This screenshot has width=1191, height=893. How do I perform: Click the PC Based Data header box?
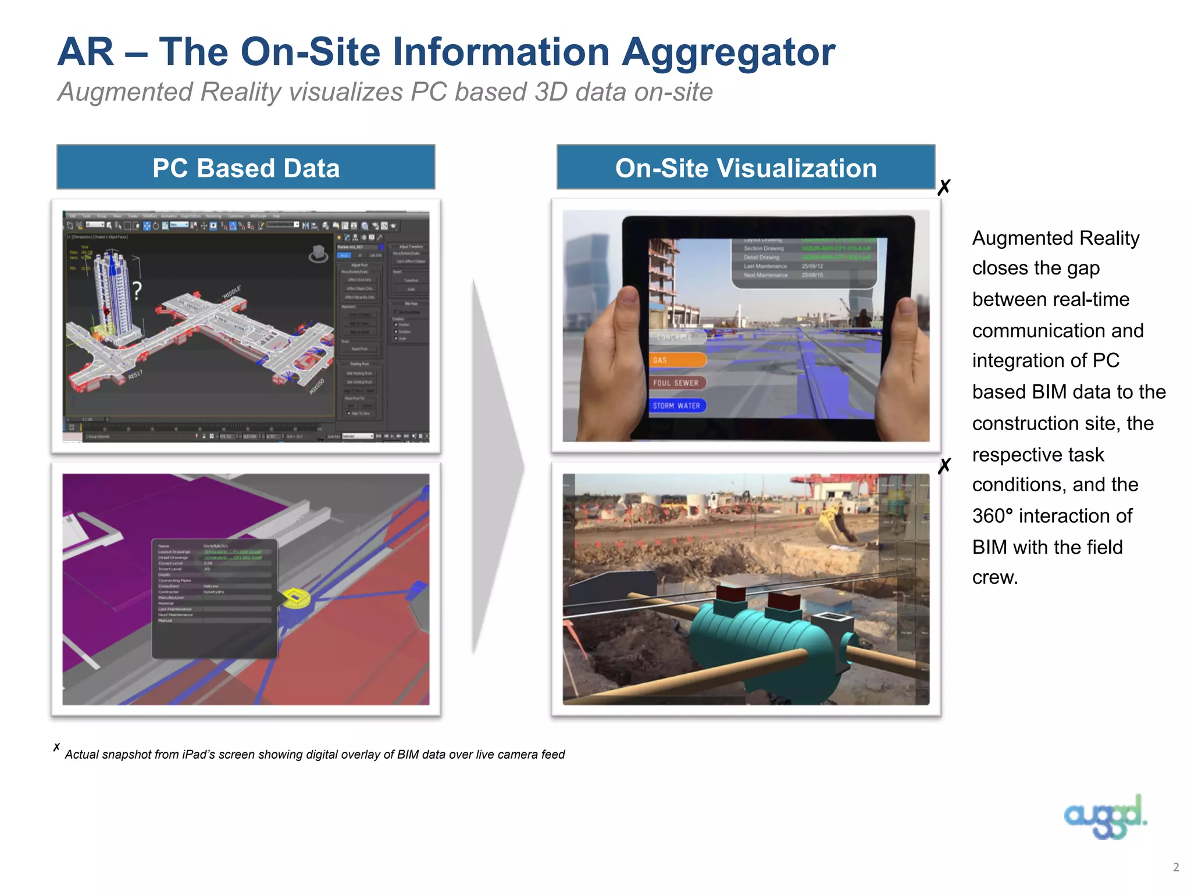pos(245,167)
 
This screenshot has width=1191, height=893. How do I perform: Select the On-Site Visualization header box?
pos(746,167)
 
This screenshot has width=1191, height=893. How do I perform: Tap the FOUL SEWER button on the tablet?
pos(677,383)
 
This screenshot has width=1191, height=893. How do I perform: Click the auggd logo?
pos(1105,817)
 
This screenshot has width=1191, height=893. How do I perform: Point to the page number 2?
pos(1176,867)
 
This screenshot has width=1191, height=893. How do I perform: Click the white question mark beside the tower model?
pos(137,290)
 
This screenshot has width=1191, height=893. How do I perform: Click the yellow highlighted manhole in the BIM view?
pos(295,598)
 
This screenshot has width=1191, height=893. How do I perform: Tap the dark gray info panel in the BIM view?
pos(214,599)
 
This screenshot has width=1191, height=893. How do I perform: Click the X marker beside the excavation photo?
pos(944,465)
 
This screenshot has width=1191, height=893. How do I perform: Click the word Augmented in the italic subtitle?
pos(125,92)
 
